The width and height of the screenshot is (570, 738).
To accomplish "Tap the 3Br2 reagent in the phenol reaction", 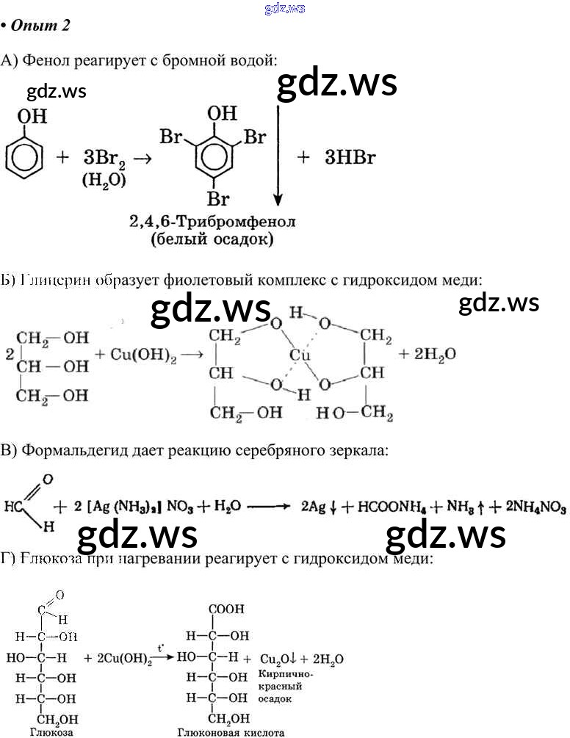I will click(x=104, y=157).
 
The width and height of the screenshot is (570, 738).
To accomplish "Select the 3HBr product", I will click(x=350, y=157).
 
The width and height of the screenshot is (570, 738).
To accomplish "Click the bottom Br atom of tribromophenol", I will click(x=217, y=198).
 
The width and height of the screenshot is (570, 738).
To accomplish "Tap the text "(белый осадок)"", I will click(x=210, y=239).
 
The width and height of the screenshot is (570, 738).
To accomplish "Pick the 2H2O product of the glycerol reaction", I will click(x=427, y=354).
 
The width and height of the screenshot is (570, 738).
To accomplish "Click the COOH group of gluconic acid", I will click(x=227, y=609).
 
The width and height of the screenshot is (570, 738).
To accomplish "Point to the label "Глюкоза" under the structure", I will click(x=49, y=732).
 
